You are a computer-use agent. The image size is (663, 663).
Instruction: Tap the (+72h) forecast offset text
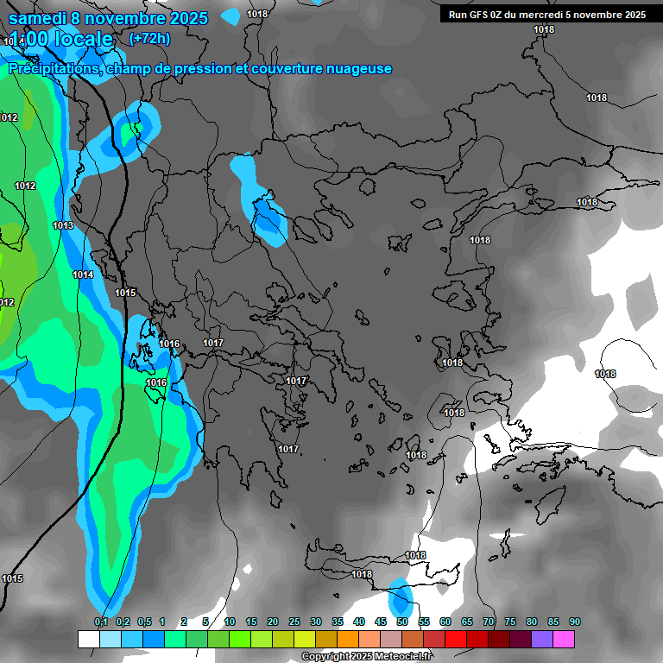[x=149, y=38]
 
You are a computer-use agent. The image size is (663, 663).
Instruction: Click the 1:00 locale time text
[x=61, y=39]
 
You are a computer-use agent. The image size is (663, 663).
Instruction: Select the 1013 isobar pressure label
[x=63, y=225]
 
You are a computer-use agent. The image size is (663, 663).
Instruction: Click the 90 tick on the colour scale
[x=575, y=622]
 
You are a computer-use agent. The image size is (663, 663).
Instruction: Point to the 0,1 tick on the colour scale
[x=100, y=622]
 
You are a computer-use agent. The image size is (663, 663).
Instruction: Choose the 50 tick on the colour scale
[x=402, y=622]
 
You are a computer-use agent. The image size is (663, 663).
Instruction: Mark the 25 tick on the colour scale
[x=294, y=622]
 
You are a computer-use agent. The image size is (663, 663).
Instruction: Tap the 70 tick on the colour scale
[x=489, y=622]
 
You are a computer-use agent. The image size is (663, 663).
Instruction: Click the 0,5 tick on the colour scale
[x=143, y=622]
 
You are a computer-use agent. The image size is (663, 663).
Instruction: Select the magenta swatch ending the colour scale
[x=564, y=639]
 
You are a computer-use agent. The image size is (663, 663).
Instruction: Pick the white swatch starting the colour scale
[x=89, y=639]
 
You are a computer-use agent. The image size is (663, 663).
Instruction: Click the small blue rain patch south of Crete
[x=400, y=597]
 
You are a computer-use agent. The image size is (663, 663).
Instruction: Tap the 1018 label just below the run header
[x=544, y=29]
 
